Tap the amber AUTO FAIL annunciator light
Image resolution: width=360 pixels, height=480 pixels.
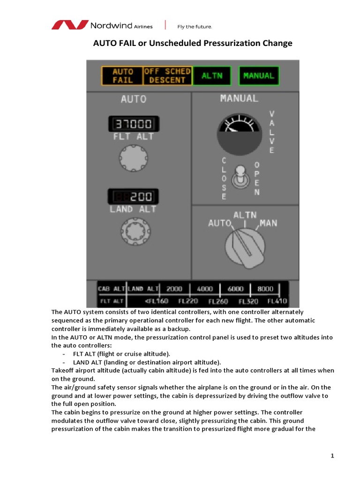click(x=123, y=75)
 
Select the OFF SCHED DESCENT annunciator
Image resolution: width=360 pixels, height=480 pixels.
click(x=167, y=75)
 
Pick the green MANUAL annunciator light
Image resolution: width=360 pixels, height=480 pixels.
click(x=258, y=75)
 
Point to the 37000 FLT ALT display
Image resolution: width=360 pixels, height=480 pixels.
click(x=134, y=124)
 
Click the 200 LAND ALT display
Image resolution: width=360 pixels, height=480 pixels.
click(x=133, y=196)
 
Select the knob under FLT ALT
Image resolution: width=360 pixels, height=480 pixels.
click(x=133, y=157)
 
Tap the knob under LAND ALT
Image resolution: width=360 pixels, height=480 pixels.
click(x=133, y=230)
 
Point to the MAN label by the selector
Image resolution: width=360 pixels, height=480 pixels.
click(x=268, y=223)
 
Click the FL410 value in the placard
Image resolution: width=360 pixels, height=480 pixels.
click(x=277, y=300)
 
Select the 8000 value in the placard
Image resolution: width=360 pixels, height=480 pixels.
click(x=265, y=288)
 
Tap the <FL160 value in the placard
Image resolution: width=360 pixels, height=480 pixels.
click(x=157, y=300)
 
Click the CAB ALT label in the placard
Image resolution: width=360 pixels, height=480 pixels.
click(x=111, y=288)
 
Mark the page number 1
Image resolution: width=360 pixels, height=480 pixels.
click(x=332, y=456)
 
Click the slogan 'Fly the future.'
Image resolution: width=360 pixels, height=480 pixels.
click(x=195, y=26)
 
